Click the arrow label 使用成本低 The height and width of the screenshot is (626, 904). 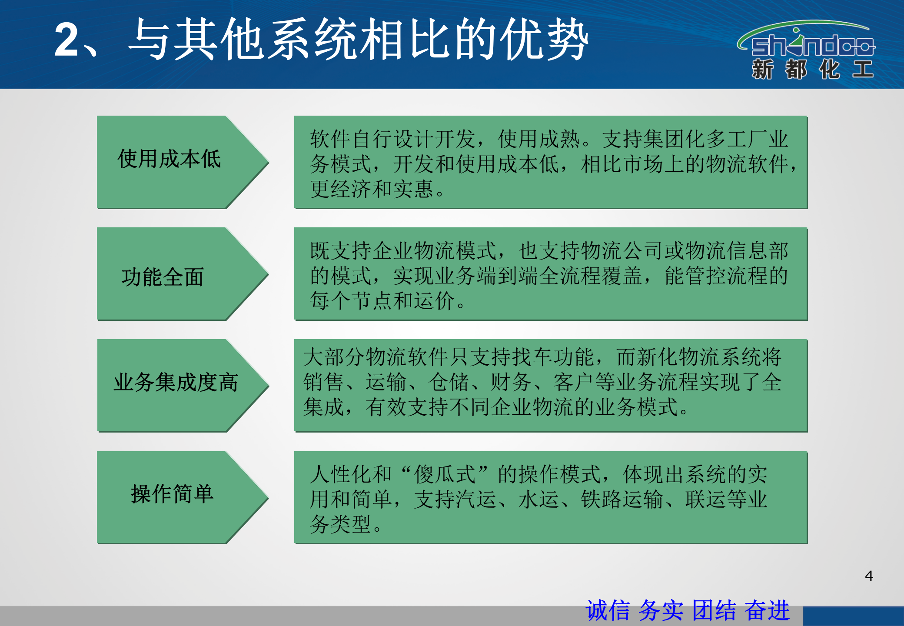pos(169,159)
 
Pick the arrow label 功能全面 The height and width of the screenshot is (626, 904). pos(163,277)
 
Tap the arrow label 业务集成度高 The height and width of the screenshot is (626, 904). pos(176,383)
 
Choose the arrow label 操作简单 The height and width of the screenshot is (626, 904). pos(172,494)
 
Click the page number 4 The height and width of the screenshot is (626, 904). pos(869,576)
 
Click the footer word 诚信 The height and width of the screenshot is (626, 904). pos(608,610)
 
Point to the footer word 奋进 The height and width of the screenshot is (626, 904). pos(767,610)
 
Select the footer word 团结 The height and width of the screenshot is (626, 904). pos(714,610)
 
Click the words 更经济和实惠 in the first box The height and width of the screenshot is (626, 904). pos(372,190)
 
